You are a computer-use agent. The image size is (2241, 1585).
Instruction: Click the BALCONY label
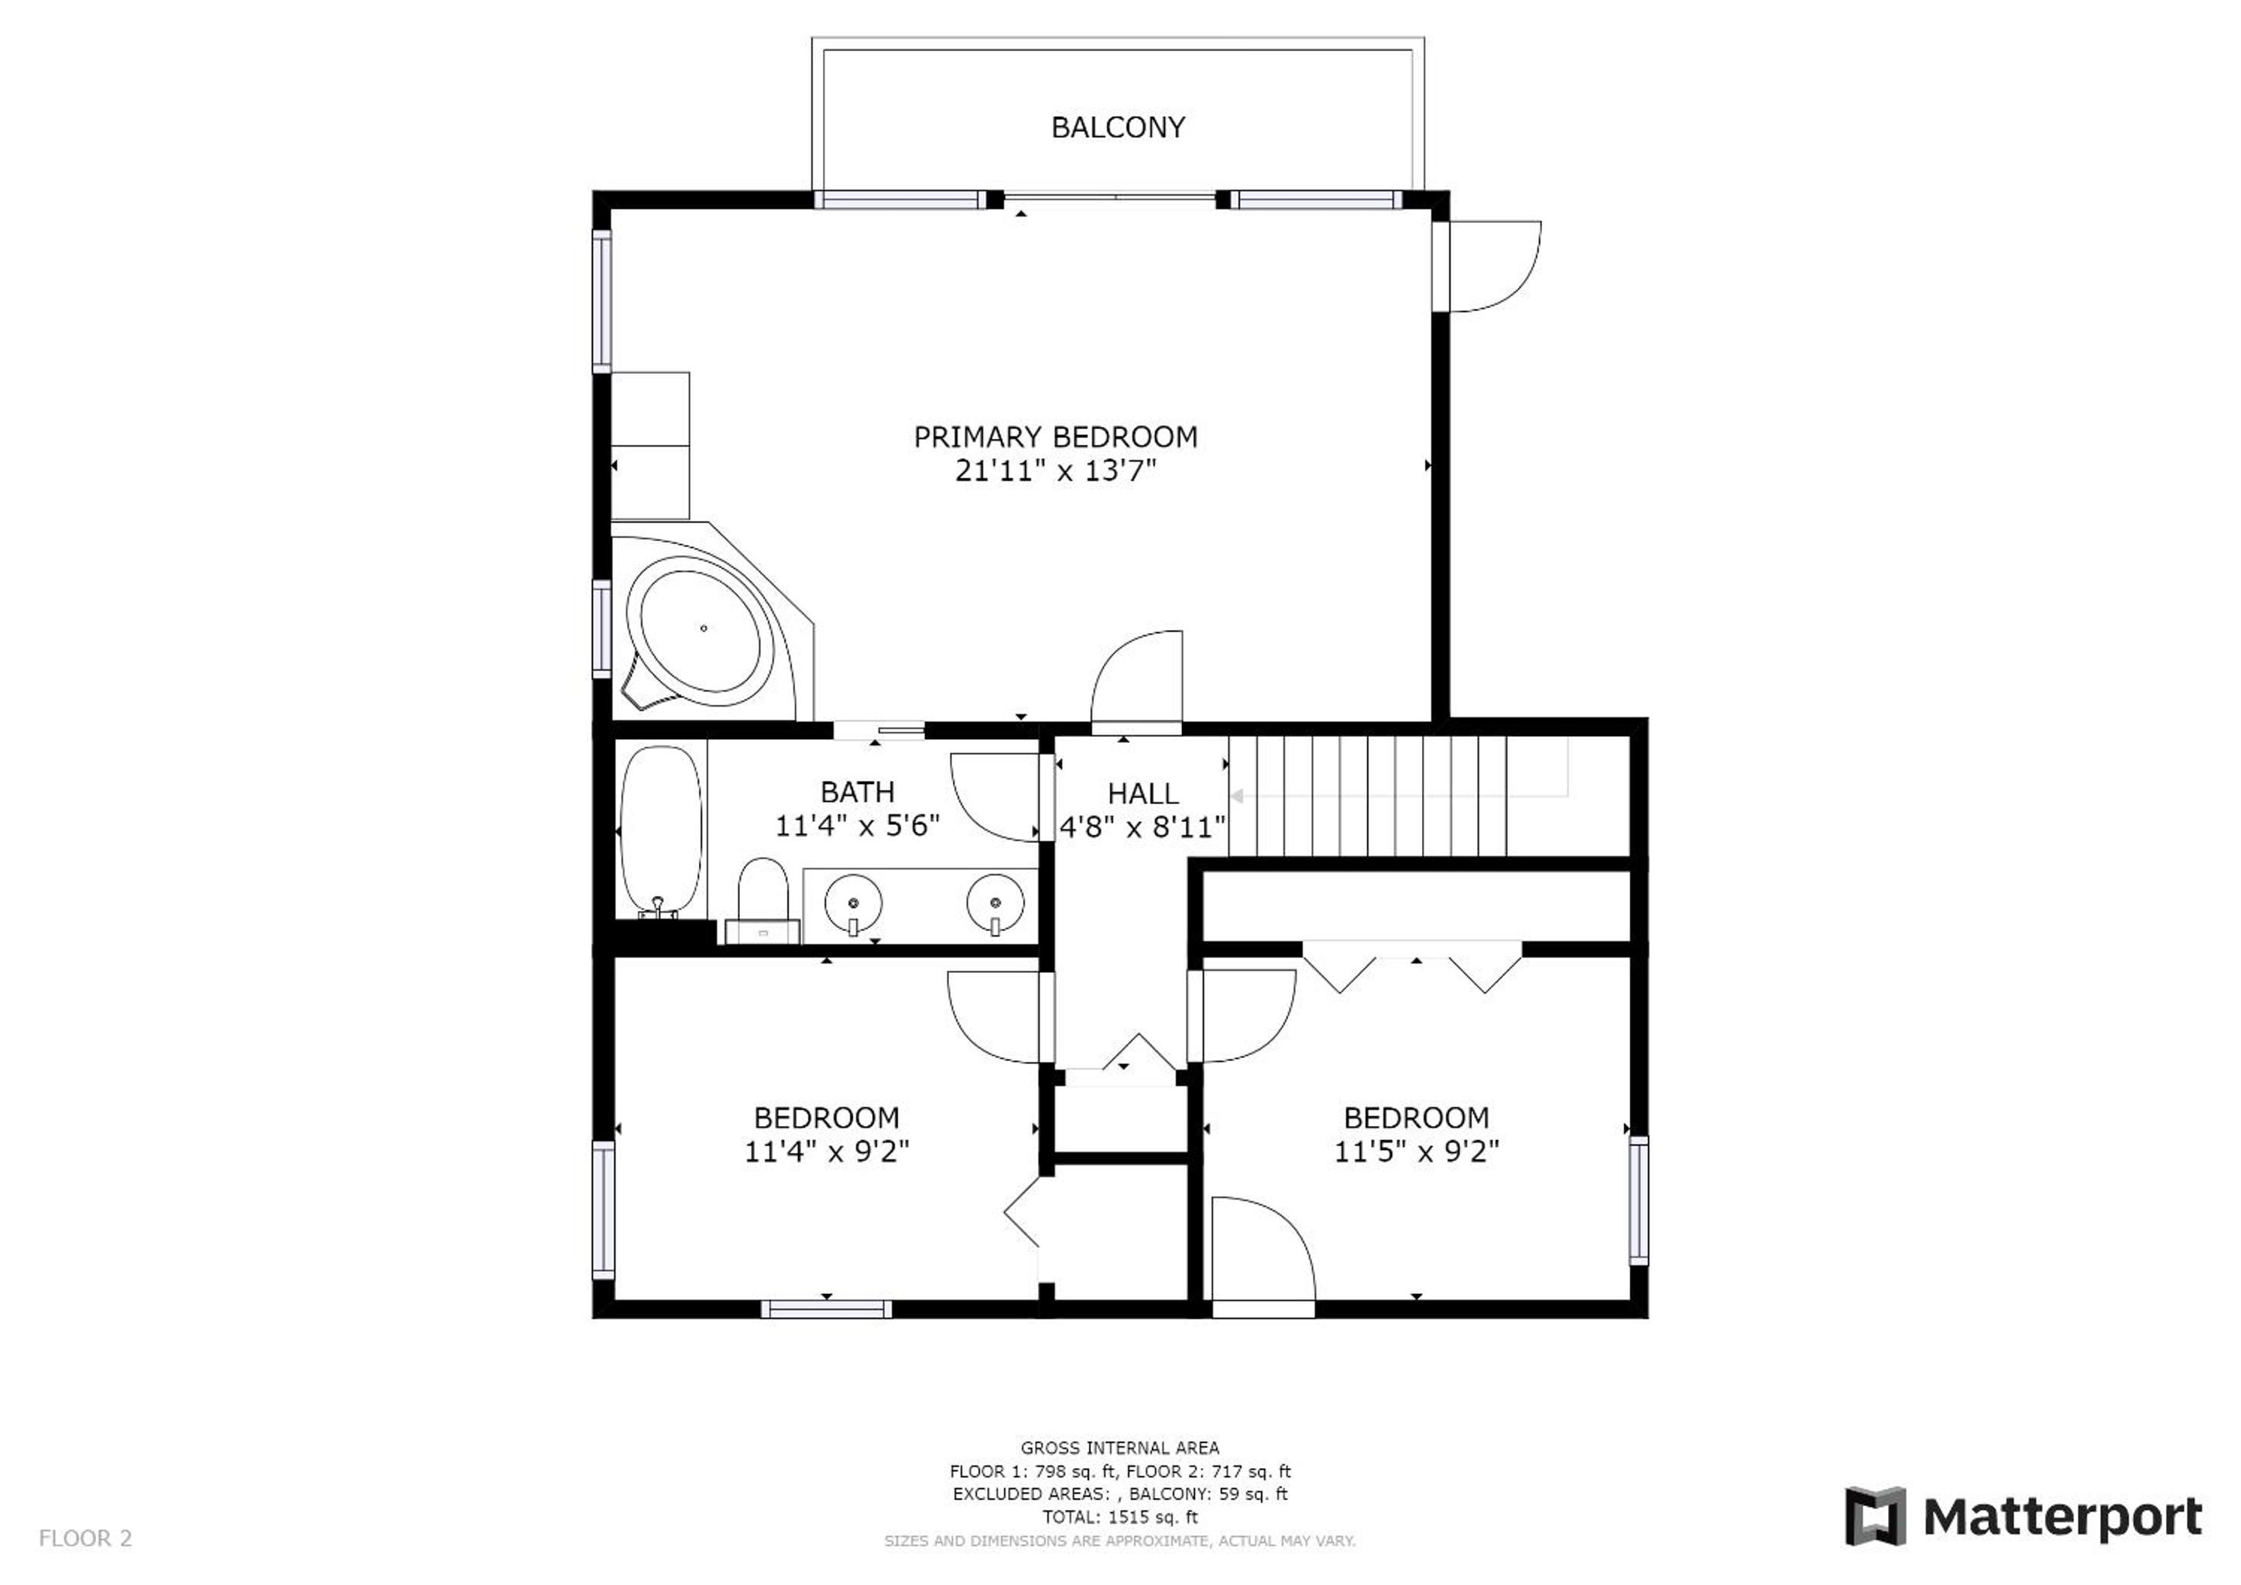(1118, 127)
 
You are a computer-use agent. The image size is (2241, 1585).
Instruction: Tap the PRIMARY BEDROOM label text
(1055, 436)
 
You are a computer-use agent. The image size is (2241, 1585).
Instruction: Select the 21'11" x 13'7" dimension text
(1055, 471)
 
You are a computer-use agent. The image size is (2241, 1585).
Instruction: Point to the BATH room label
(857, 792)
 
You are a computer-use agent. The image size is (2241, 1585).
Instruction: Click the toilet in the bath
(763, 901)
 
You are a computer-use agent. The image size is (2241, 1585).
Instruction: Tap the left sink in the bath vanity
(853, 905)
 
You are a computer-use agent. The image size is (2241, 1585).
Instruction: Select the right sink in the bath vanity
(995, 905)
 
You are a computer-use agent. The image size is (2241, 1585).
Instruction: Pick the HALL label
(1143, 793)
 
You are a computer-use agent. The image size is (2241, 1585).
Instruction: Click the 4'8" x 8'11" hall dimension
(1143, 827)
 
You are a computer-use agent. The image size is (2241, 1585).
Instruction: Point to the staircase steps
(1366, 796)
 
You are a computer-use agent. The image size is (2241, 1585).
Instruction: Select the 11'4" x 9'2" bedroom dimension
(827, 1152)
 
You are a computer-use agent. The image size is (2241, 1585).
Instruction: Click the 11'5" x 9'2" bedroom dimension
(1417, 1152)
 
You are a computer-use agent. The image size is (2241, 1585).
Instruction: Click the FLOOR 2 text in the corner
(85, 1538)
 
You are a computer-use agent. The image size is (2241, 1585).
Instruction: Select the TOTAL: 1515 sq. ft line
(1119, 1517)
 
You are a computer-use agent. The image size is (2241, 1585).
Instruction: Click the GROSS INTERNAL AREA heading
(1119, 1448)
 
